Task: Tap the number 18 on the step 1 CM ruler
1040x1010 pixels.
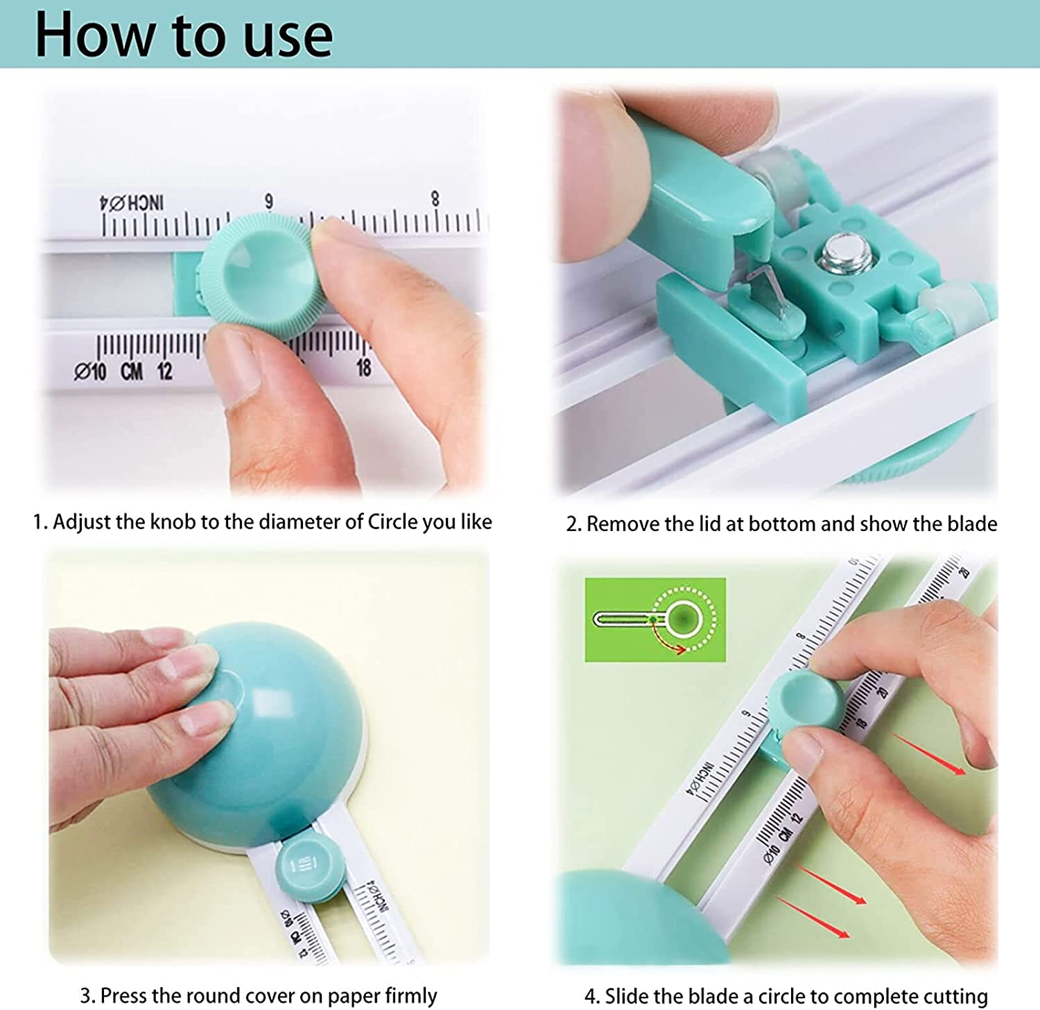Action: coord(363,368)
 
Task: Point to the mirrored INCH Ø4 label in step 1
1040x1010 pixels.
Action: coord(132,203)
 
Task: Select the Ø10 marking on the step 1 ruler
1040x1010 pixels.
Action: coord(90,372)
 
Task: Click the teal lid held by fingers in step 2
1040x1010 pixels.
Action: coord(700,187)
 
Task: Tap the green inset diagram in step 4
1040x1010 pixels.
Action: coord(655,619)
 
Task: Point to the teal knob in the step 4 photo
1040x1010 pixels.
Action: coord(804,701)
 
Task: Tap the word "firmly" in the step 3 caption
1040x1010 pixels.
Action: coord(410,995)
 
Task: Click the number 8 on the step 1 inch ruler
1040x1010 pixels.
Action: coord(435,199)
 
